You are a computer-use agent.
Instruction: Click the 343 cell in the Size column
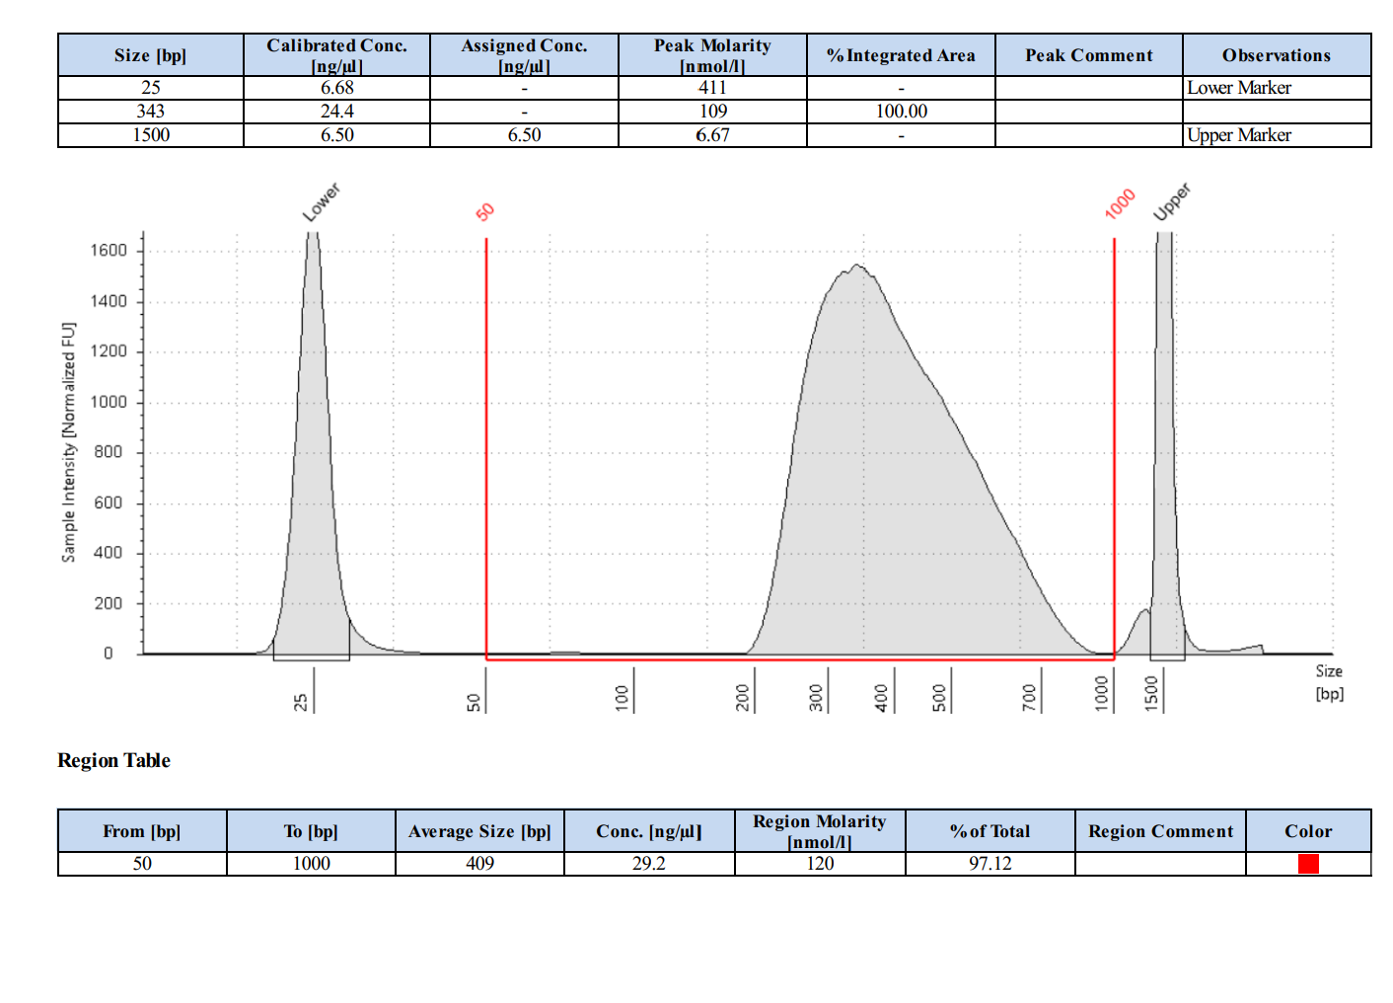click(151, 112)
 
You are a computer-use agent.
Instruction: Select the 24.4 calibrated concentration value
click(337, 112)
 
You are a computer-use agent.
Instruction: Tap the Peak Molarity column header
click(712, 54)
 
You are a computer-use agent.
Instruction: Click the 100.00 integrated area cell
click(901, 112)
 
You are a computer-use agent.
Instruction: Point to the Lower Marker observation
click(1239, 88)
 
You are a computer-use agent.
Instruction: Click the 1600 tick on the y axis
click(109, 251)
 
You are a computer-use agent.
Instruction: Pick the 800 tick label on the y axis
click(109, 452)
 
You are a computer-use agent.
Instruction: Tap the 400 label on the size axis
click(881, 698)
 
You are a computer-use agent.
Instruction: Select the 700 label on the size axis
click(1030, 698)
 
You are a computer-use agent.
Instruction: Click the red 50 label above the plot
click(485, 212)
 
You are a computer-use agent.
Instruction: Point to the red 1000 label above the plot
click(1120, 204)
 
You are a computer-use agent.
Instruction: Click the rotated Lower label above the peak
click(321, 202)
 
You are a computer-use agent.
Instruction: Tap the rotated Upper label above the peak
click(1172, 201)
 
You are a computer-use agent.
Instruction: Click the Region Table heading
click(113, 760)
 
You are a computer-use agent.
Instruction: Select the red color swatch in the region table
click(1308, 864)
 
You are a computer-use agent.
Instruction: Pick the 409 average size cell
click(480, 864)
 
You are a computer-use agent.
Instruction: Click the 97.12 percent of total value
click(990, 864)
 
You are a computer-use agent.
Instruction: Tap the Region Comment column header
click(1160, 831)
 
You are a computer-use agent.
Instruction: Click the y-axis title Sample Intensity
click(68, 442)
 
